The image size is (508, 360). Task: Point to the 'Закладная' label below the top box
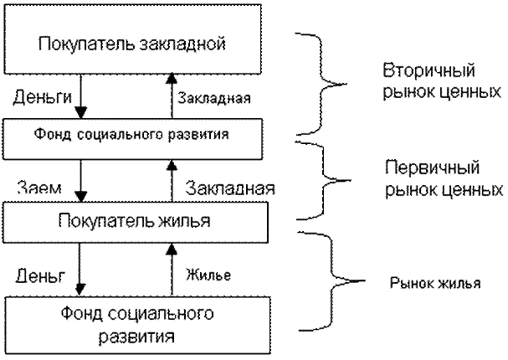click(213, 100)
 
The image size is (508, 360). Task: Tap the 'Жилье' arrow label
click(209, 274)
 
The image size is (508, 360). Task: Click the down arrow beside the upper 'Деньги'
click(79, 98)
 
